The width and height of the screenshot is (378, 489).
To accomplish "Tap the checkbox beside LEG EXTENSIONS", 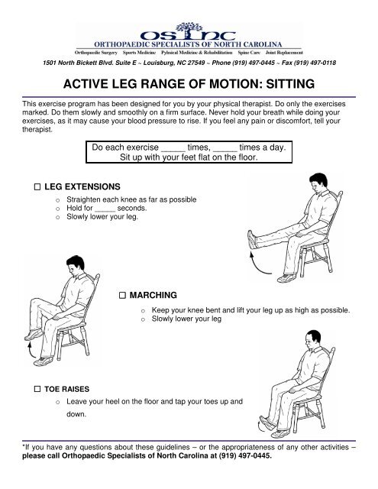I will point(37,186).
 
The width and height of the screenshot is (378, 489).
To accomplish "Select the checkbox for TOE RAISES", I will point(37,390).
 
